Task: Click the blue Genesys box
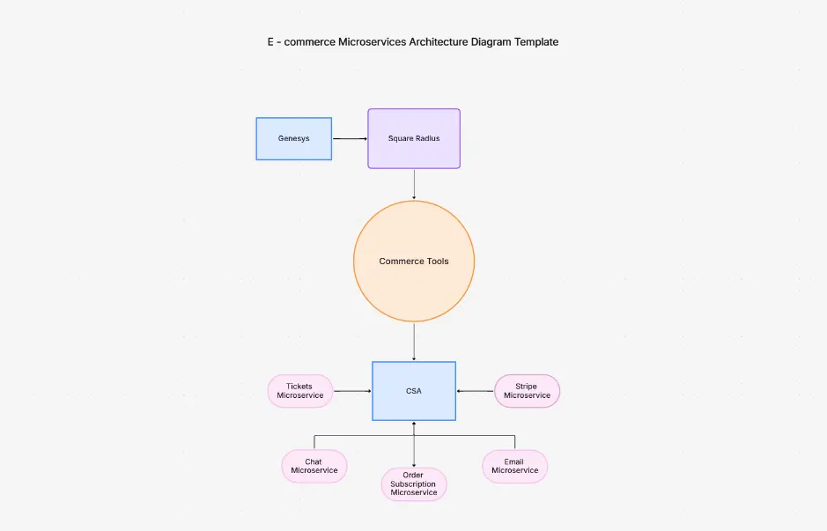tap(293, 138)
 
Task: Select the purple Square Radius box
tap(413, 138)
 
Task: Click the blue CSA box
tap(413, 390)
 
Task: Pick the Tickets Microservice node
tap(300, 391)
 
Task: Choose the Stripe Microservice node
tap(527, 391)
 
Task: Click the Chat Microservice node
tap(314, 466)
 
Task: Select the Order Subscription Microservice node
tap(414, 483)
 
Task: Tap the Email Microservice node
tap(514, 466)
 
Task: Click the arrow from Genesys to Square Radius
tap(350, 138)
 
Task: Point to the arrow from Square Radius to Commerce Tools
tap(414, 184)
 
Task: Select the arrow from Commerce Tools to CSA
tap(414, 342)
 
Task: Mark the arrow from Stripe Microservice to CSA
tap(475, 391)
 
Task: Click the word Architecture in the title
tap(438, 41)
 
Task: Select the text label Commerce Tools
tap(414, 262)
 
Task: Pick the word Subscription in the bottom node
tap(414, 484)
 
